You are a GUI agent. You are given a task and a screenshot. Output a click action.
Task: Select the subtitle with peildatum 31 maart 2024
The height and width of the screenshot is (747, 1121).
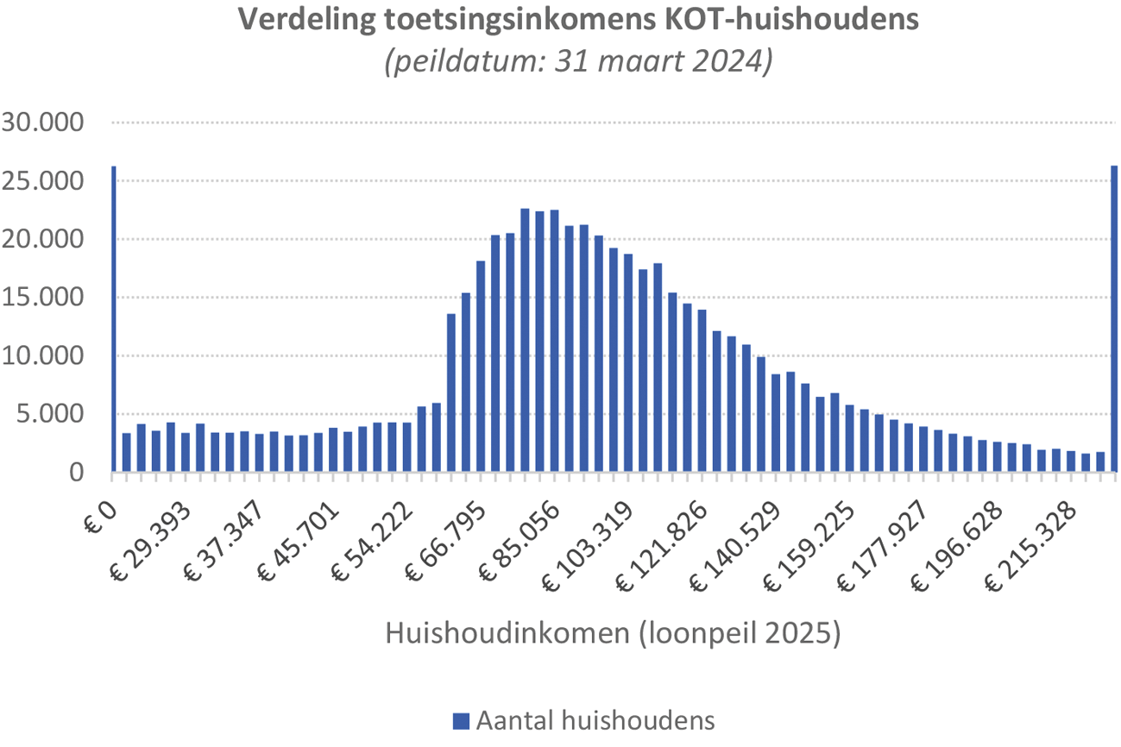[578, 62]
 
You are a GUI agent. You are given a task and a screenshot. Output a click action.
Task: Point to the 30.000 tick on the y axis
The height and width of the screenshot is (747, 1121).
[43, 122]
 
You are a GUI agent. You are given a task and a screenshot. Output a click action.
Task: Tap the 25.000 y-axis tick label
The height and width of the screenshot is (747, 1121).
[43, 181]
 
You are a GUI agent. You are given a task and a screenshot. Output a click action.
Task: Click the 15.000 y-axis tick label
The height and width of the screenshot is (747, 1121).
[43, 298]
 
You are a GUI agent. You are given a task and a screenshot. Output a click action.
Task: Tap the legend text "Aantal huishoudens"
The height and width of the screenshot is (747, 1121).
[595, 720]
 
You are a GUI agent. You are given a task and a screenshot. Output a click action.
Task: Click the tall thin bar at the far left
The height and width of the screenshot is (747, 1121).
[113, 319]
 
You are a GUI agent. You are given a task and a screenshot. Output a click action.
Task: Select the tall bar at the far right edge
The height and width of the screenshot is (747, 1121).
[1114, 319]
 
